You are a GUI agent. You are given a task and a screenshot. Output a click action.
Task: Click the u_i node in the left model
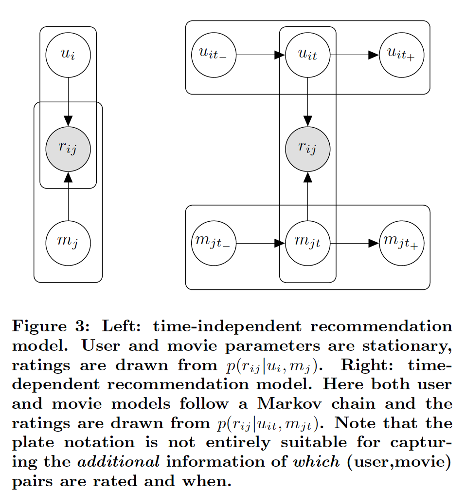68,55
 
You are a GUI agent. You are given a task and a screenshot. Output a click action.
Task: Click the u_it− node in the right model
214,55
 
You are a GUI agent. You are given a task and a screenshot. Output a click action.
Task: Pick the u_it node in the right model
307,55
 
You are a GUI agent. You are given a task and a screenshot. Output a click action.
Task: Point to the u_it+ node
401,55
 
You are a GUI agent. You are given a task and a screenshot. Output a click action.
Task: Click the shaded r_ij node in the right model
307,149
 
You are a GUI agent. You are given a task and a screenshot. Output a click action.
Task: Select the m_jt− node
214,242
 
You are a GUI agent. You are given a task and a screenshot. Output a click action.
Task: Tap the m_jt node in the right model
307,242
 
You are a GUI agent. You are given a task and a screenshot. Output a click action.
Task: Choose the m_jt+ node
401,242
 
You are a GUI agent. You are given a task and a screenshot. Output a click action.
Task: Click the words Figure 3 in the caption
46,326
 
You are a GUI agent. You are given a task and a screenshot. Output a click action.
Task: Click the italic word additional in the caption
130,462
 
